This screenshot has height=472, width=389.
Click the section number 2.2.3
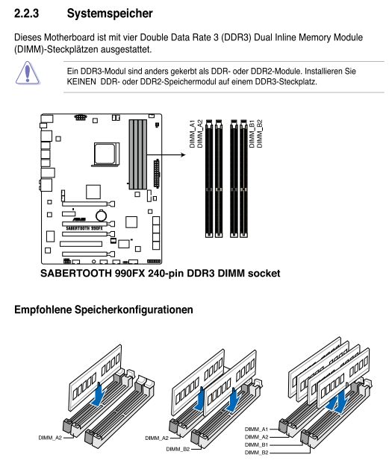click(27, 13)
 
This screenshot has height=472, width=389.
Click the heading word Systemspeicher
click(110, 14)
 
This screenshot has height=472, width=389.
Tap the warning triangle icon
click(27, 73)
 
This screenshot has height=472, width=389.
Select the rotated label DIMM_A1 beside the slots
click(192, 133)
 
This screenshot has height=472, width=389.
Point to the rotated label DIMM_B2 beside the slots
click(259, 133)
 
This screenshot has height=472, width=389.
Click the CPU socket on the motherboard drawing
click(105, 154)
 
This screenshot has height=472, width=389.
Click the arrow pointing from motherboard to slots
click(166, 155)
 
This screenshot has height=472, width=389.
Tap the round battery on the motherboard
click(102, 215)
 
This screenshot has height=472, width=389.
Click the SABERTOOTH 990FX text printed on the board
click(84, 228)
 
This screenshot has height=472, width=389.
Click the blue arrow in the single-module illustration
click(99, 394)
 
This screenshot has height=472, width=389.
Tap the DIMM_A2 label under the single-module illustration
click(50, 438)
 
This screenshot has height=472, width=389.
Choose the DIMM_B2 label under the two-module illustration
click(178, 449)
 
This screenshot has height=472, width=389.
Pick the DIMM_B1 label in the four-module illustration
click(256, 445)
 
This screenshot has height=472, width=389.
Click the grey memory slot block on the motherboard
click(138, 154)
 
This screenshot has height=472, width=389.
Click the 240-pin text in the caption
click(167, 274)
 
